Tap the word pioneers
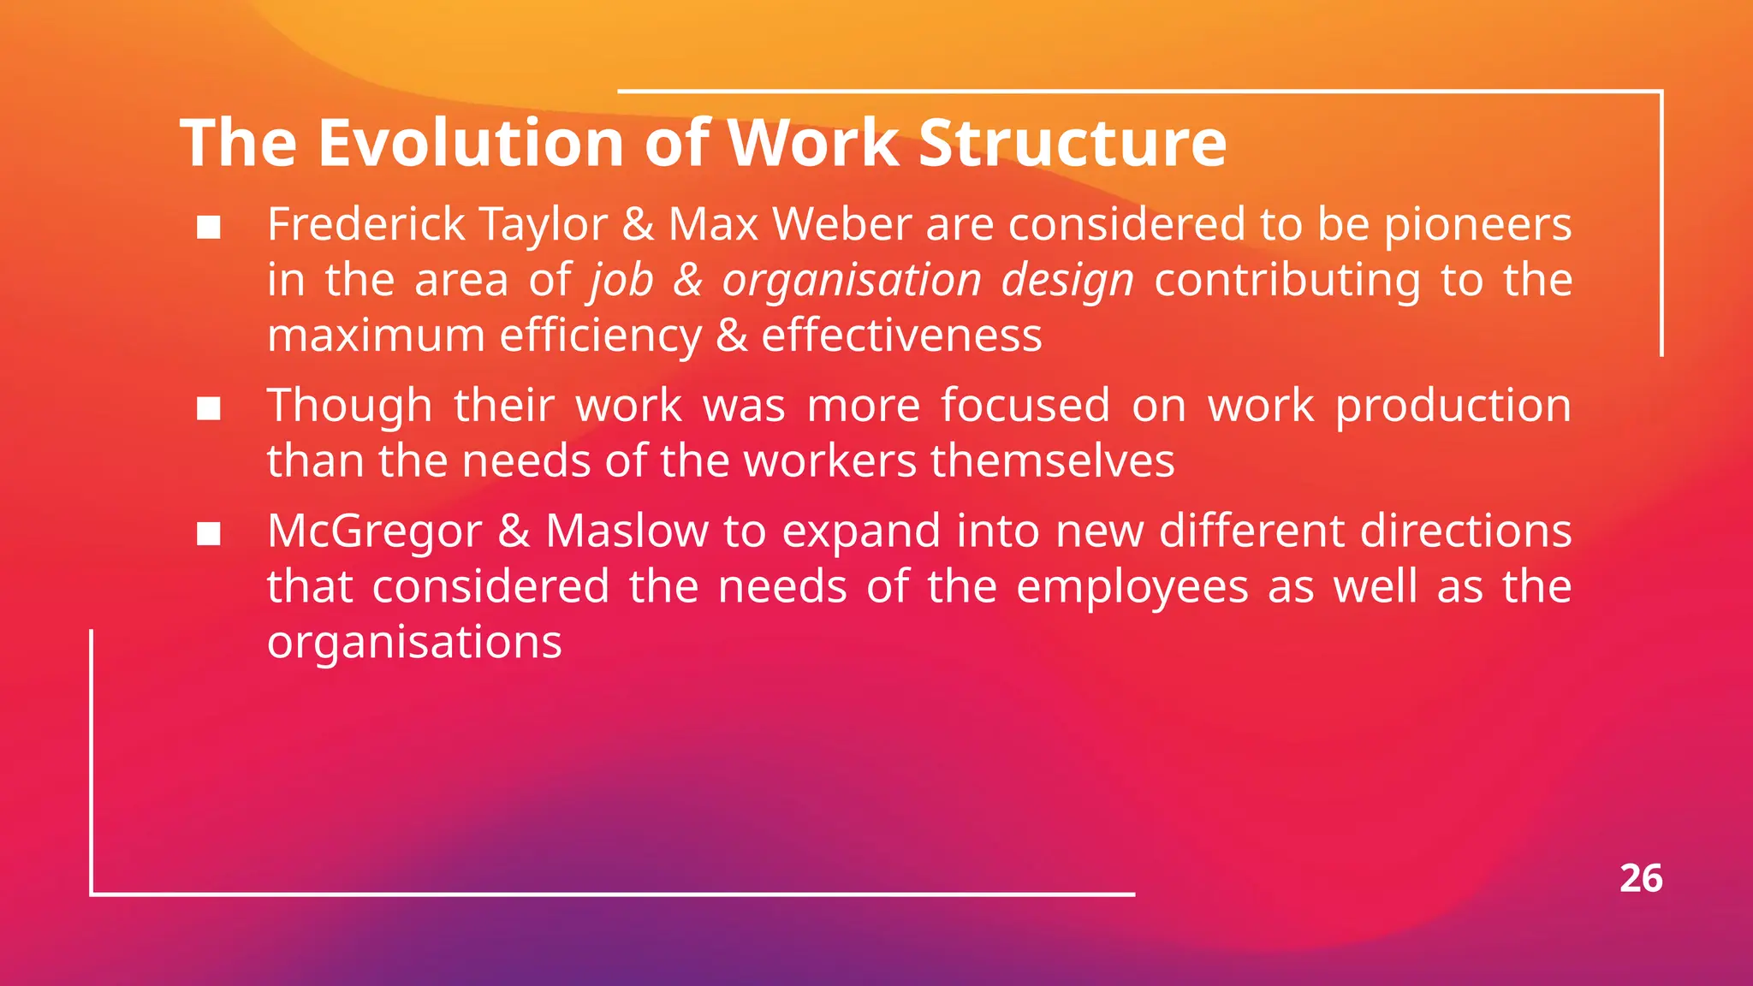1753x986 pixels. tap(1477, 224)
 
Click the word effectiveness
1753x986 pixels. tap(901, 335)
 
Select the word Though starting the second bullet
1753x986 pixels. tap(349, 406)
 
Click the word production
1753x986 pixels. tap(1453, 406)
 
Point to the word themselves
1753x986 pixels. tap(1052, 460)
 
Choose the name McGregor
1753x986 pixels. tap(374, 532)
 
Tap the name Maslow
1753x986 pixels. tap(627, 532)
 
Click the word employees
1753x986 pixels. tap(1132, 587)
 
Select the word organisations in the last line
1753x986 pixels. tap(414, 642)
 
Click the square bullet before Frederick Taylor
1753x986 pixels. tap(209, 228)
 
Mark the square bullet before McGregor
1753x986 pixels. tap(209, 535)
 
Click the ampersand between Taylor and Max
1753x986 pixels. tap(638, 224)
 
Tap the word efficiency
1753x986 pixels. tap(600, 335)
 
